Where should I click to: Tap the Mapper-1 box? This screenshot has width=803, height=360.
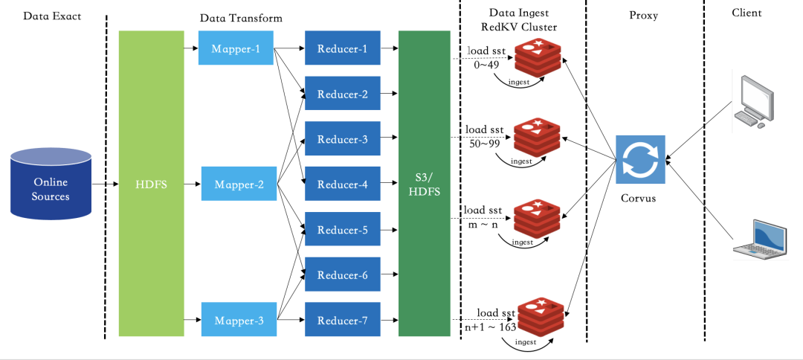click(236, 48)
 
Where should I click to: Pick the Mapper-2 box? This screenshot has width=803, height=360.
click(239, 184)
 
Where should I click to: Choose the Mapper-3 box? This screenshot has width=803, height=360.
click(239, 320)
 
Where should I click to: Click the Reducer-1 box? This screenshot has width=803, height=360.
click(343, 48)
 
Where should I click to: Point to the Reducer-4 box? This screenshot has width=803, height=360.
click(343, 184)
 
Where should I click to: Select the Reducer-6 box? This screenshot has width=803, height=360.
click(343, 274)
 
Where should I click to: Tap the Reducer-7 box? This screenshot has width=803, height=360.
click(343, 320)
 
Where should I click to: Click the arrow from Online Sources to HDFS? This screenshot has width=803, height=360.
click(106, 183)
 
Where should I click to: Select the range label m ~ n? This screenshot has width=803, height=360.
click(484, 224)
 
